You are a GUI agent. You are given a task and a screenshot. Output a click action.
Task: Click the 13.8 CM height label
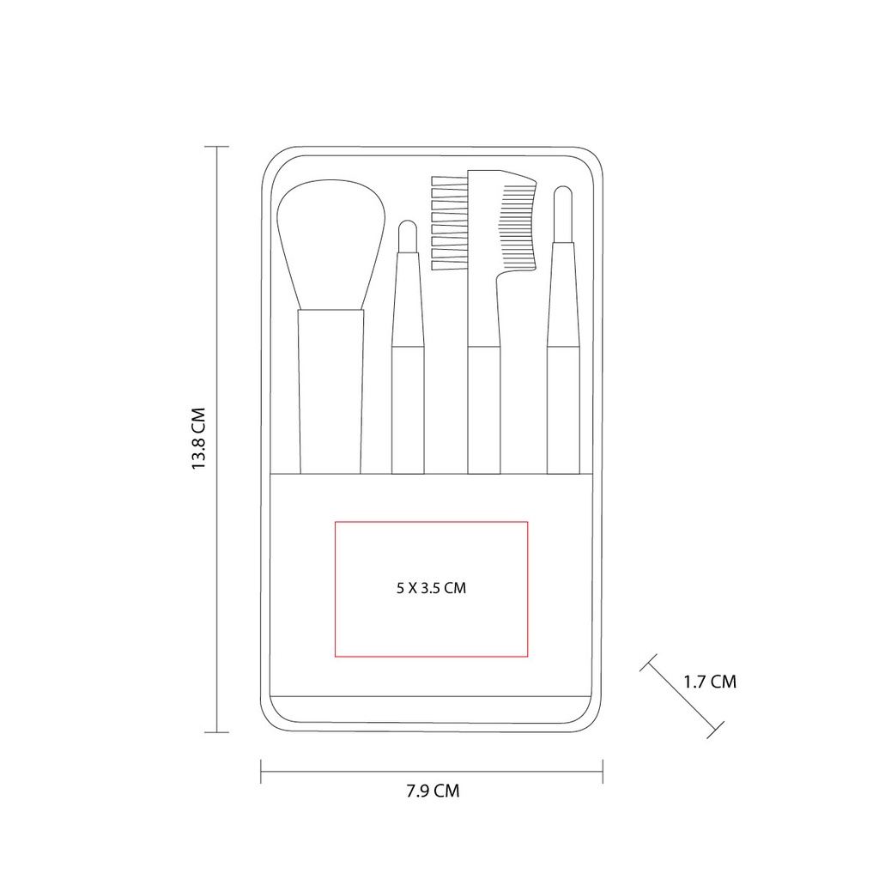(199, 439)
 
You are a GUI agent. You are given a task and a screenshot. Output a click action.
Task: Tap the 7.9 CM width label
(433, 791)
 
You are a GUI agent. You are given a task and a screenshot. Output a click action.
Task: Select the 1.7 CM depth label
(710, 682)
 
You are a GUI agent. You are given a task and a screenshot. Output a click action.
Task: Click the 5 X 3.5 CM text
(432, 588)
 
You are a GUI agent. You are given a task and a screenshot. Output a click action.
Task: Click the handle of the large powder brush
(330, 391)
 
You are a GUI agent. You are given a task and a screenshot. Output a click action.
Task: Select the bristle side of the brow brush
(447, 223)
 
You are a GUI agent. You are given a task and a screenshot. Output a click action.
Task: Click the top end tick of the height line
(216, 147)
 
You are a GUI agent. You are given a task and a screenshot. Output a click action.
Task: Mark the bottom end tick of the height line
(216, 732)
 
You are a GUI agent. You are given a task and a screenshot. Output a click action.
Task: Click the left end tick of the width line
(261, 771)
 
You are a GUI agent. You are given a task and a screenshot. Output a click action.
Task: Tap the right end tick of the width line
(603, 771)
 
